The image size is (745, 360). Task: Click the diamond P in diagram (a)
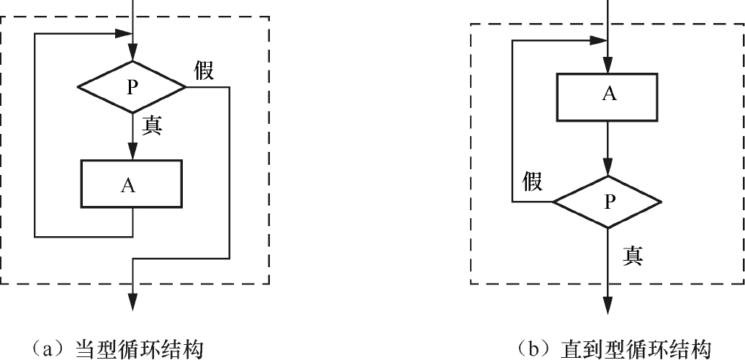click(x=131, y=87)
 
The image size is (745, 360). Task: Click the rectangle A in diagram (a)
click(x=131, y=184)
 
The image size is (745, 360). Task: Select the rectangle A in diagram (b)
click(x=608, y=96)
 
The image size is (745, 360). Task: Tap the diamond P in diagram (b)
click(x=608, y=202)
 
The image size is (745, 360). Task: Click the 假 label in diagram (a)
click(x=204, y=71)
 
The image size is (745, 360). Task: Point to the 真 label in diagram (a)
click(x=152, y=125)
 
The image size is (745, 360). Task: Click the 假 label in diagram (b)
click(x=532, y=181)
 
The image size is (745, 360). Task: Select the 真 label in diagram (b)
click(x=633, y=255)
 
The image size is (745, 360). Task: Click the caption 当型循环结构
click(x=140, y=348)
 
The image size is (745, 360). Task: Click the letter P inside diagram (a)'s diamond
click(x=131, y=87)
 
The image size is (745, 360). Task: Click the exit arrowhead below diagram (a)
click(x=132, y=302)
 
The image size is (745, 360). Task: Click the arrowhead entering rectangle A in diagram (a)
click(x=132, y=152)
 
